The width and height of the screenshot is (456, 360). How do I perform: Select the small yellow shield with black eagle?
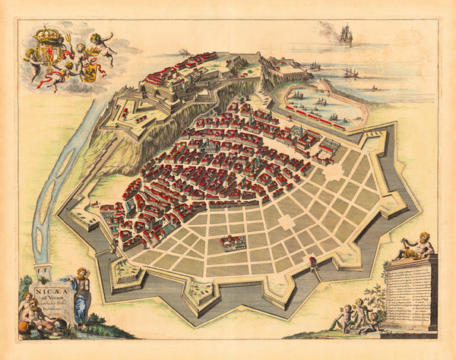point(89,73)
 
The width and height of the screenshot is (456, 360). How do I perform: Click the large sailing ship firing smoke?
point(346,34)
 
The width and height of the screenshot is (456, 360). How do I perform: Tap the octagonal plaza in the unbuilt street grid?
point(286,222)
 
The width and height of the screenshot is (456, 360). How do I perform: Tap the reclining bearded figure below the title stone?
point(38,311)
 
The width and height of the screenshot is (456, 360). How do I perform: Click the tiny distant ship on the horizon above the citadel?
point(182,51)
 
